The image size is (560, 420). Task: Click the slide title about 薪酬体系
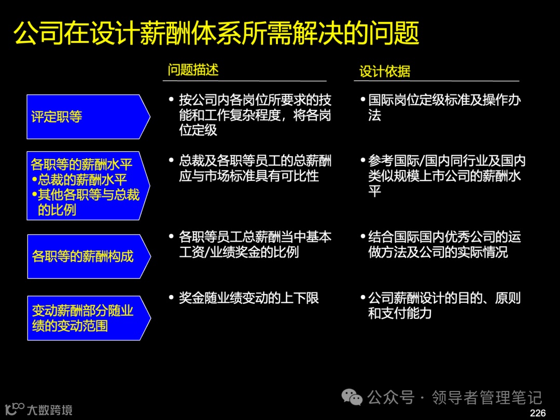[216, 34]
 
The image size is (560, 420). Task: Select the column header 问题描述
[193, 70]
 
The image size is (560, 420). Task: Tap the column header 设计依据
[385, 71]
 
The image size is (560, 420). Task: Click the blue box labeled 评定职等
[86, 117]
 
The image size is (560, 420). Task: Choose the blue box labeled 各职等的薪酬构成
[86, 256]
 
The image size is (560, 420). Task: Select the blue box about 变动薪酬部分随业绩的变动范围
[86, 318]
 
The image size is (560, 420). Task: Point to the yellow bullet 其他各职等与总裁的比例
[86, 202]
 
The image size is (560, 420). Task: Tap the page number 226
[538, 413]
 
